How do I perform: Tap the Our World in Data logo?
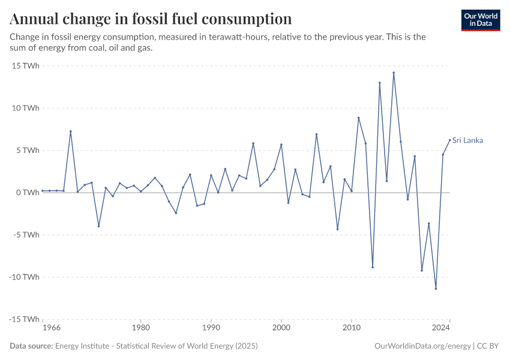(x=481, y=20)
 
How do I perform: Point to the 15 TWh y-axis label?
(x=25, y=66)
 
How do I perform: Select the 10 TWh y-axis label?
(x=25, y=108)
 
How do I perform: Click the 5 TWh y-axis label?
(x=27, y=151)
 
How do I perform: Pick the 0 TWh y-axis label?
(x=27, y=193)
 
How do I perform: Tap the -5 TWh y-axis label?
(x=26, y=235)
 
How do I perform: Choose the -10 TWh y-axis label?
(x=24, y=277)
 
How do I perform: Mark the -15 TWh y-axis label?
(x=24, y=319)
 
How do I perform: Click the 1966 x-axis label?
(x=51, y=328)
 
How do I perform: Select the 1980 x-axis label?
(x=140, y=328)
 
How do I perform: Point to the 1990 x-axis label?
(x=211, y=328)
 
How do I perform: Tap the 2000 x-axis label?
(x=281, y=328)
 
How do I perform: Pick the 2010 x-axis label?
(x=352, y=328)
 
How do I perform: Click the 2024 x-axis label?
(x=441, y=328)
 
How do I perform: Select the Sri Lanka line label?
(x=467, y=140)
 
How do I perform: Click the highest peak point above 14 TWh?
(x=394, y=73)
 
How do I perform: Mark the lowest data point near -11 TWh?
(x=436, y=289)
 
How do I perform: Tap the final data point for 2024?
(x=450, y=140)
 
